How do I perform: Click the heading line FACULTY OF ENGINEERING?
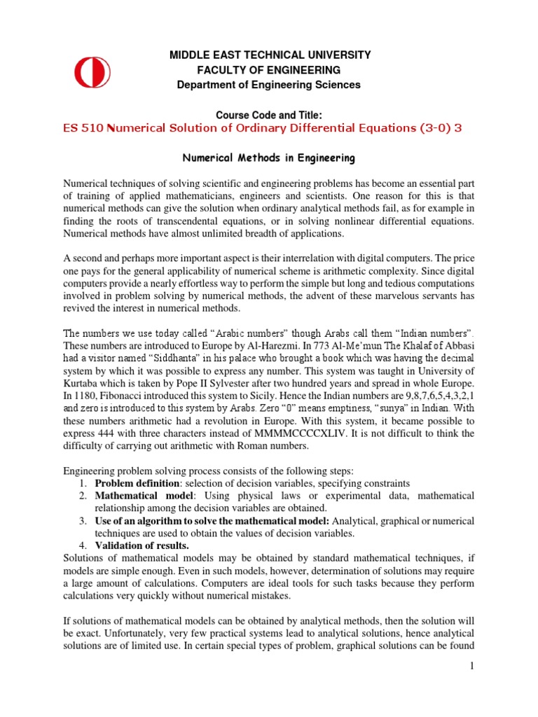(268, 70)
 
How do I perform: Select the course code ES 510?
(82, 128)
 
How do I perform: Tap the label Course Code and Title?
(268, 115)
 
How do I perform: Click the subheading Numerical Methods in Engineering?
(268, 158)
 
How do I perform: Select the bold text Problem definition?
(134, 484)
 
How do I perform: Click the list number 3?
(82, 520)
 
